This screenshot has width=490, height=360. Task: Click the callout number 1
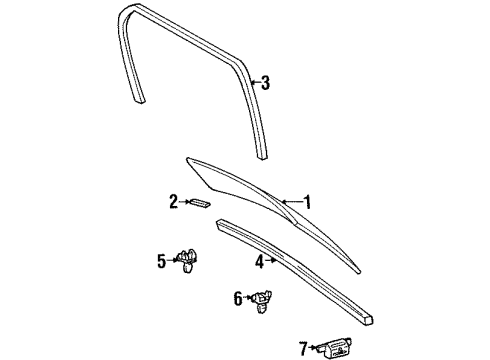[306, 203]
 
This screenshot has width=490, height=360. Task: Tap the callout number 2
[172, 202]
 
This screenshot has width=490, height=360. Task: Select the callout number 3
[265, 84]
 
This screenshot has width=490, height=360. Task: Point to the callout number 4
[258, 262]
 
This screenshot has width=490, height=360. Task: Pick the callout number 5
[161, 263]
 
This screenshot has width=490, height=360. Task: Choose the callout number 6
[238, 297]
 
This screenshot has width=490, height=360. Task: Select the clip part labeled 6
[262, 300]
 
